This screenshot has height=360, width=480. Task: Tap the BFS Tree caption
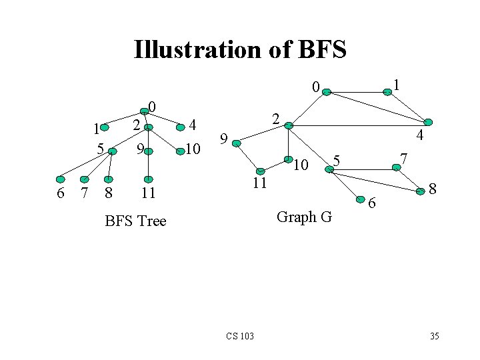pos(135,221)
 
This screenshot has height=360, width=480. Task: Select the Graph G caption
pos(304,217)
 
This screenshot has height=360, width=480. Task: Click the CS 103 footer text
pos(239,335)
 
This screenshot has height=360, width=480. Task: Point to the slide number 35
pos(434,335)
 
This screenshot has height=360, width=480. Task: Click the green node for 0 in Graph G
pos(326,93)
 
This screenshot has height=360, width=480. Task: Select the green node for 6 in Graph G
pos(360,198)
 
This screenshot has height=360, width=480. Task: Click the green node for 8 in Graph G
pos(421,191)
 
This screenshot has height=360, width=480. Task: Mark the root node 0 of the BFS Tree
pos(144,111)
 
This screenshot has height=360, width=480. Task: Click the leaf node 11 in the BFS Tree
pos(149,179)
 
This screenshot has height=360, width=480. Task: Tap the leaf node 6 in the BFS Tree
pos(61,179)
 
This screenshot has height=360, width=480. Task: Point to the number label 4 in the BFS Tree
pos(193,125)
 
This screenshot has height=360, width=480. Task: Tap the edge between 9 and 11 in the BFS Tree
pos(149,165)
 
